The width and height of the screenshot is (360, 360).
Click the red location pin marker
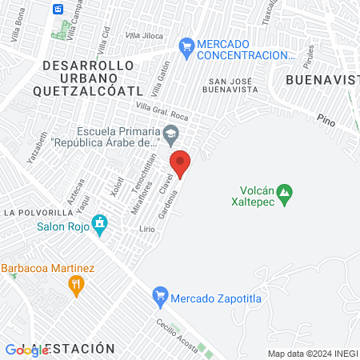coord(181,163)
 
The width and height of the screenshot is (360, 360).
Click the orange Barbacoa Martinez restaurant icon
coord(76,284)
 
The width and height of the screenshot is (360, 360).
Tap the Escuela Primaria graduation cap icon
coord(170,133)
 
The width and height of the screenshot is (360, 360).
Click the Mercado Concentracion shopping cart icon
coord(186,47)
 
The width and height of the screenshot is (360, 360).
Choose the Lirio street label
coord(146,229)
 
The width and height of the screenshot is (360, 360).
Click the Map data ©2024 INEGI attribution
coord(313,354)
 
